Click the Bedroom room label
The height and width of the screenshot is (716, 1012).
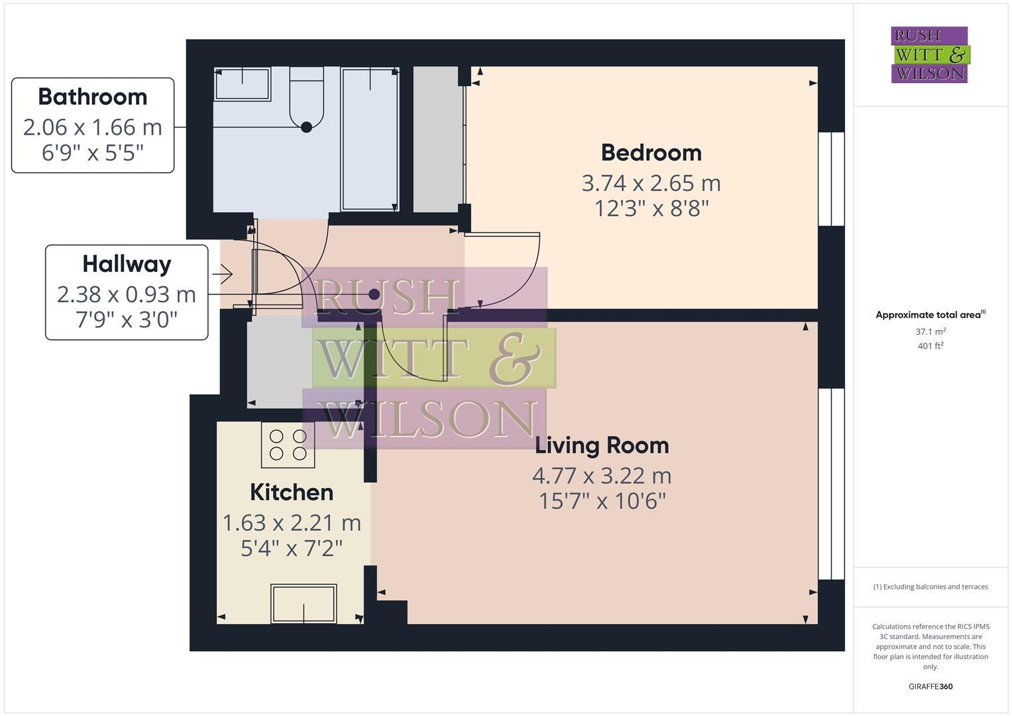pos(651,152)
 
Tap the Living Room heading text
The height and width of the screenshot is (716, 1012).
pos(602,446)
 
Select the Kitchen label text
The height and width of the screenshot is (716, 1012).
pos(292,493)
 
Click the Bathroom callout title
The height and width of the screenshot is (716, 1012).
pos(93,97)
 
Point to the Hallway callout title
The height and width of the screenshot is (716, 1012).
pos(127,265)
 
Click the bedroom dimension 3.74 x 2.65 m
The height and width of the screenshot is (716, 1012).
pos(651,183)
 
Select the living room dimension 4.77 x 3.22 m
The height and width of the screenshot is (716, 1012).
pos(602,476)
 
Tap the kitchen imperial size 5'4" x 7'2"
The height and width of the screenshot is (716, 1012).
pos(292,549)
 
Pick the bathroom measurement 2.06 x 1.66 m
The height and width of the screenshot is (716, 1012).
pos(93,127)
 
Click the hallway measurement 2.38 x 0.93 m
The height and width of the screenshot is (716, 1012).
pos(127,294)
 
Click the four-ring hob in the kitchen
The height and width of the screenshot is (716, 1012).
pos(288,445)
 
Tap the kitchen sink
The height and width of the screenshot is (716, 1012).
pos(304,603)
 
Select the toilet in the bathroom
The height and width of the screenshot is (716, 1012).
pos(306,99)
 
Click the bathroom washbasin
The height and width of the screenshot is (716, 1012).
pos(243,84)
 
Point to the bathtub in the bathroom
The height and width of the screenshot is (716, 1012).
pos(369,139)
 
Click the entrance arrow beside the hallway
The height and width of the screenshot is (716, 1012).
pos(223,273)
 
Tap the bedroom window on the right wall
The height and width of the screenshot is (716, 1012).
pos(831,179)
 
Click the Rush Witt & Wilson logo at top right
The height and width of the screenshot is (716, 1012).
pos(929,55)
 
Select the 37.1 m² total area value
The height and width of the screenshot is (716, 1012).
pos(930,331)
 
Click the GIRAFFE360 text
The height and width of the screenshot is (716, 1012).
pos(930,686)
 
